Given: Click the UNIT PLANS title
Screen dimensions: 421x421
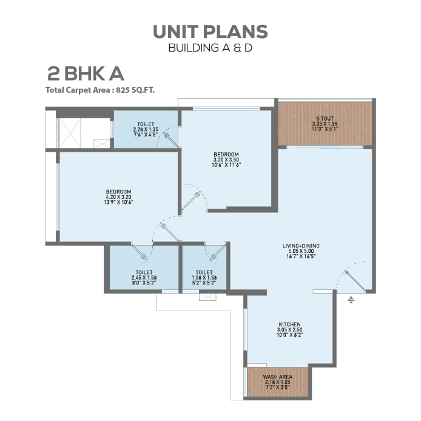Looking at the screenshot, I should tap(210, 32).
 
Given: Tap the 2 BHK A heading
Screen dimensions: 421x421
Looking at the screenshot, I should tap(86, 74).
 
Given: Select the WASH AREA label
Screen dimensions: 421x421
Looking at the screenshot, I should tap(278, 377).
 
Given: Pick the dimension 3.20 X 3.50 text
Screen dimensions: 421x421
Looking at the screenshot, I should tap(226, 160).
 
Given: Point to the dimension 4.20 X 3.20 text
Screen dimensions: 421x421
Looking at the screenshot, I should tap(119, 197).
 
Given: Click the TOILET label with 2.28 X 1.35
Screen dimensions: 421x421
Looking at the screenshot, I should tap(146, 124).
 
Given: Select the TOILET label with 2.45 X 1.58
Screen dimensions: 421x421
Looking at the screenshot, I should tap(144, 272).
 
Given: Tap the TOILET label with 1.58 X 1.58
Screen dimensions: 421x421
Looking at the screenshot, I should tap(204, 272).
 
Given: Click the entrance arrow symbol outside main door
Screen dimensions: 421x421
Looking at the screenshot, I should tap(351, 299).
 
